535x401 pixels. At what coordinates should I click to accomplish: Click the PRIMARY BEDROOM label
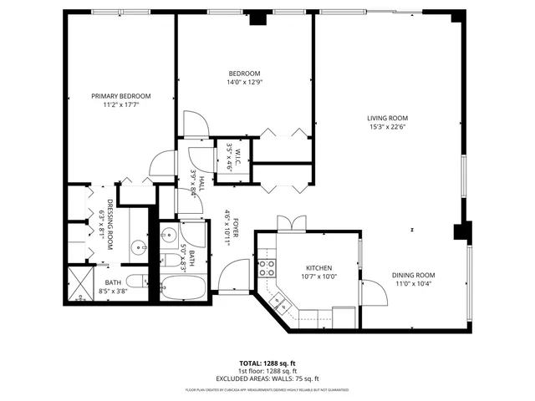tap(120, 96)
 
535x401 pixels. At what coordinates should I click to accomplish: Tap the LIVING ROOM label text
tap(386, 118)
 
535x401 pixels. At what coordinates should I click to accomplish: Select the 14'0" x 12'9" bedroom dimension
tap(244, 82)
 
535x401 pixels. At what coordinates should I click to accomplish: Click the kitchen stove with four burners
tap(267, 267)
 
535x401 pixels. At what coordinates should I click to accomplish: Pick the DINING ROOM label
tap(414, 276)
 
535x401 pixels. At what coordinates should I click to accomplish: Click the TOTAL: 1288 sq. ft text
tap(268, 363)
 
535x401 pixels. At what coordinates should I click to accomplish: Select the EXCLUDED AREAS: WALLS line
tap(268, 378)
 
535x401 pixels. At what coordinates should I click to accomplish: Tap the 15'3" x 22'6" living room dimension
tap(386, 127)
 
